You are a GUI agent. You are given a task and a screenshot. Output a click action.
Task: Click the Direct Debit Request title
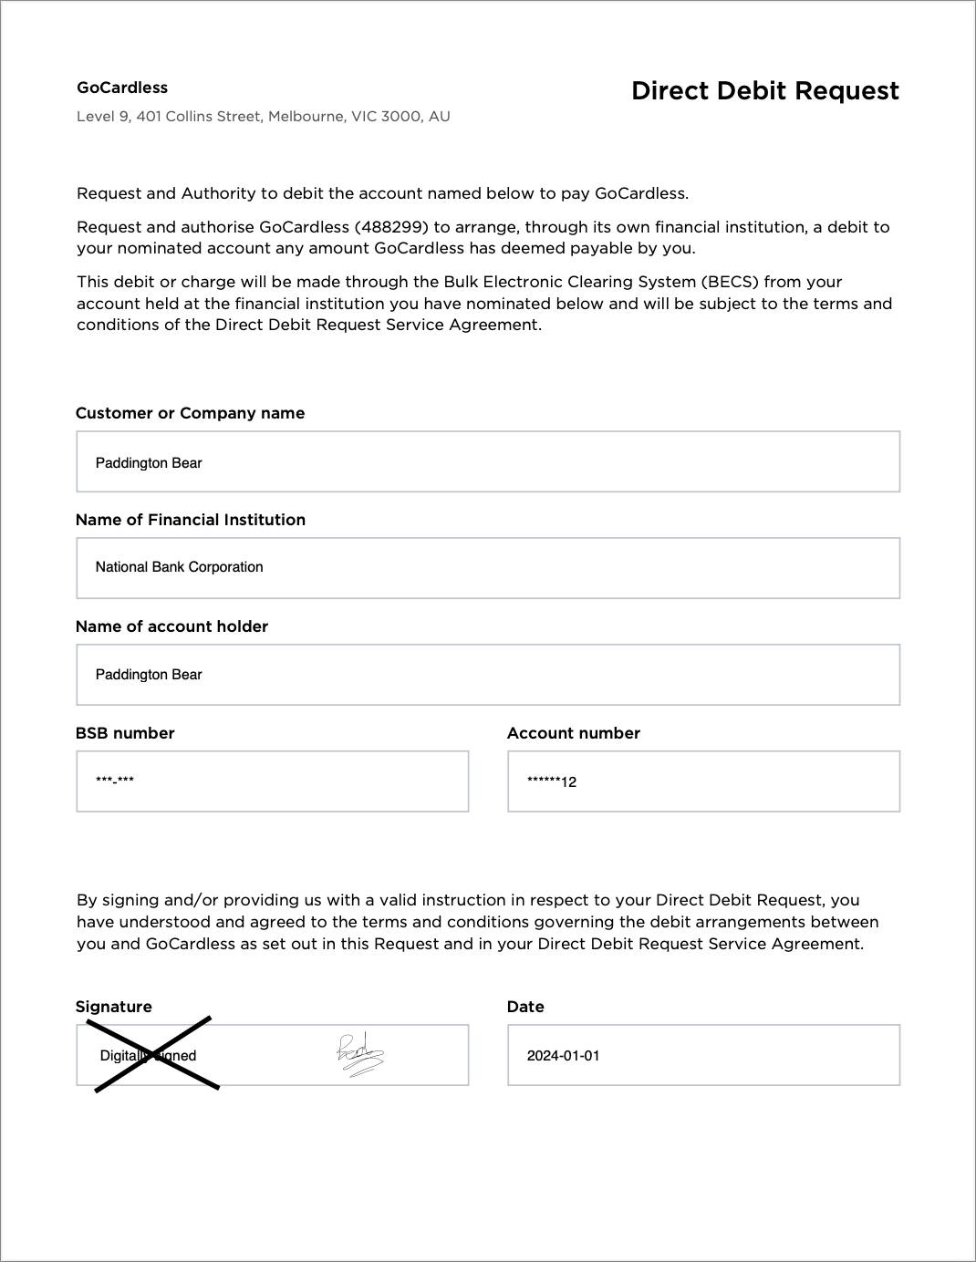pos(764,91)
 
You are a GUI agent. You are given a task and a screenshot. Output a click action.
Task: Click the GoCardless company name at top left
pos(122,88)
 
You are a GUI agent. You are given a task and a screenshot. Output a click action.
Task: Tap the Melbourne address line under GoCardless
pos(263,117)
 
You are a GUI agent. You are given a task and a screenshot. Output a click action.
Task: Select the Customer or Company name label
pos(190,413)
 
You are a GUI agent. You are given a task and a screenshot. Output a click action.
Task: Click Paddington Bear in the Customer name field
pos(149,463)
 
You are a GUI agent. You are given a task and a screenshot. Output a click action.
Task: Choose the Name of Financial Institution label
pos(190,520)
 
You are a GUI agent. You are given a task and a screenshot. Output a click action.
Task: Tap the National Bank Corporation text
pos(179,567)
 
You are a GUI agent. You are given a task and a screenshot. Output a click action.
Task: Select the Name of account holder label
pos(171,626)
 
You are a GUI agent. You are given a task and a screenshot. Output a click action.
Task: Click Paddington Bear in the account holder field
pos(149,675)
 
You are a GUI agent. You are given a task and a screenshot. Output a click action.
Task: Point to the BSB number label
pos(125,733)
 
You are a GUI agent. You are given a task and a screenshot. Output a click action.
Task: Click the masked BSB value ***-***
pos(115,781)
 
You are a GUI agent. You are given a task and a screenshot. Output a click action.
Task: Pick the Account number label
pos(573,733)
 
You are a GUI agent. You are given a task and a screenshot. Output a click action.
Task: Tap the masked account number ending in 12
pos(552,781)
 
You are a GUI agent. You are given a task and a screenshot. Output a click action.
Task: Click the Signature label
pos(113,1007)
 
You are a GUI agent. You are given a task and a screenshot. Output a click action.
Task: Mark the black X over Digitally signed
pos(153,1054)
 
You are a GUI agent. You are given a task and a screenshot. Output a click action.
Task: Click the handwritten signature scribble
pos(359,1056)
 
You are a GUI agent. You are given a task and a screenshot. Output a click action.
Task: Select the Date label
pos(525,1007)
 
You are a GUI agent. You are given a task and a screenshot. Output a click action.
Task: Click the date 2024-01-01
pos(563,1056)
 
